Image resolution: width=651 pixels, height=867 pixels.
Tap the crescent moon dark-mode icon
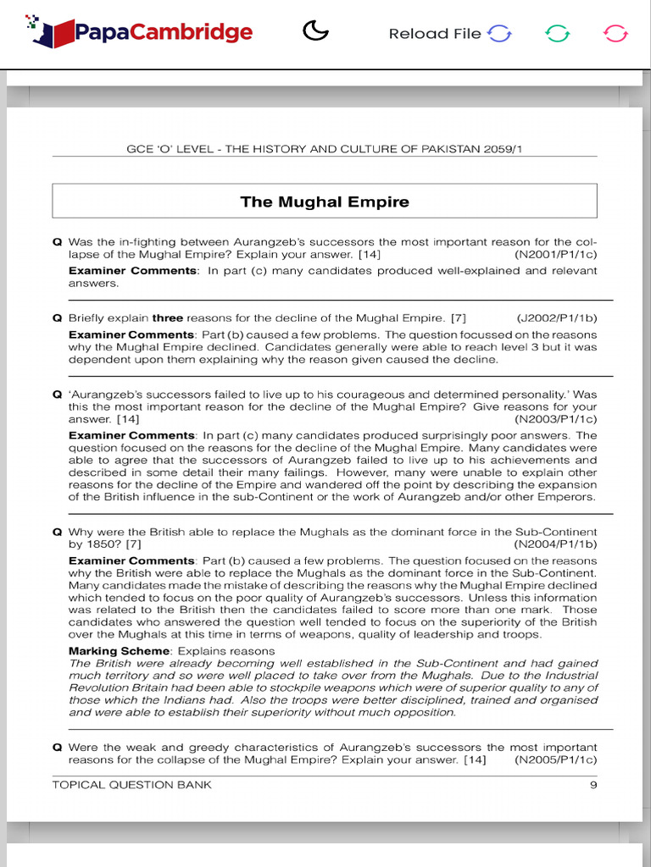point(315,32)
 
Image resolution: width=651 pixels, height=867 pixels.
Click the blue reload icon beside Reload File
point(500,34)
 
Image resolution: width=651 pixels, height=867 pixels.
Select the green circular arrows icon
point(557,34)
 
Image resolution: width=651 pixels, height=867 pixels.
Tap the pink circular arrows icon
point(615,34)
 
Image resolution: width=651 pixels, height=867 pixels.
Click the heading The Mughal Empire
point(325,202)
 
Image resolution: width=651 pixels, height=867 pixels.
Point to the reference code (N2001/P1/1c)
point(555,254)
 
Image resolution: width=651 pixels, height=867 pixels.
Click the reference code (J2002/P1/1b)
point(556,318)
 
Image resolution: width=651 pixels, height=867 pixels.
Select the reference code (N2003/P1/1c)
point(555,419)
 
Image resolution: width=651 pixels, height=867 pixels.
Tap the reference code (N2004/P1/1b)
point(555,544)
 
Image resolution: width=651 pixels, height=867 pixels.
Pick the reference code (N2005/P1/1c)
point(555,760)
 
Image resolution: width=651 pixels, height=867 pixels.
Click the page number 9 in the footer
point(593,785)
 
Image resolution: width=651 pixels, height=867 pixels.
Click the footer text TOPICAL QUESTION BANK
point(132,785)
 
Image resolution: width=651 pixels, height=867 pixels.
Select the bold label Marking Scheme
point(119,651)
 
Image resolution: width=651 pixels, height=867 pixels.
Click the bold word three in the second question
point(167,318)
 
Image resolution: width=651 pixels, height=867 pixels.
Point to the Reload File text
point(434,34)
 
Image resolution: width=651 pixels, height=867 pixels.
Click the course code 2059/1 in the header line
point(511,149)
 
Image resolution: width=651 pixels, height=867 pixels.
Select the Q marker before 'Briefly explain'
point(57,318)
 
